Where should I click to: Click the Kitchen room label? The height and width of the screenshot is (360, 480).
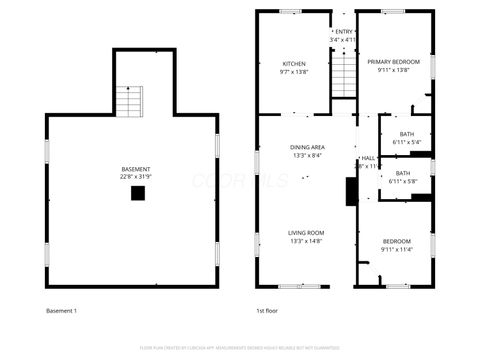point(293,63)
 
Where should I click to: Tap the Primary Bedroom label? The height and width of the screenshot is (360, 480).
point(392,62)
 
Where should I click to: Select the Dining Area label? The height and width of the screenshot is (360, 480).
point(306,147)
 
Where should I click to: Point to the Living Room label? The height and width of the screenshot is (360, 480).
point(306,232)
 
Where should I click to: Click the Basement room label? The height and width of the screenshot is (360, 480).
point(136,168)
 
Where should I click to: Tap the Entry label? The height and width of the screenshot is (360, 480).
point(343,32)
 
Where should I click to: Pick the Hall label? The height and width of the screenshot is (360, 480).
point(367,158)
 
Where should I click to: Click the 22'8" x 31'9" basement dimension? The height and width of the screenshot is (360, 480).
point(136,177)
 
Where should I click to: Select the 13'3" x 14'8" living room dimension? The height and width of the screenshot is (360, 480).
point(306,241)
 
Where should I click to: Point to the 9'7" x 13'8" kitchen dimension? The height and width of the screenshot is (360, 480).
point(293,72)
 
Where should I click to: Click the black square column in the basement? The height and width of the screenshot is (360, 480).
point(137,193)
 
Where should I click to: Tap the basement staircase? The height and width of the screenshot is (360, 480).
point(129,101)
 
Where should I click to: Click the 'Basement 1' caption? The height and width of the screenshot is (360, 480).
point(62,310)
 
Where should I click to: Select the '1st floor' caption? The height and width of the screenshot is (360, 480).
point(266,310)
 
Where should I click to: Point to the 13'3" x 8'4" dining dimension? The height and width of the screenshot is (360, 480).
point(306,156)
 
